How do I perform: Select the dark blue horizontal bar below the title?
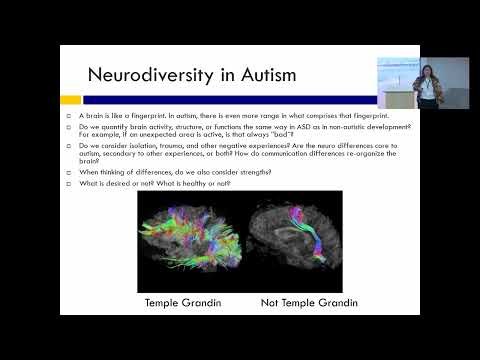pyautogui.click(x=230, y=100)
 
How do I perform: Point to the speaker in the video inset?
pyautogui.click(x=428, y=84)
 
